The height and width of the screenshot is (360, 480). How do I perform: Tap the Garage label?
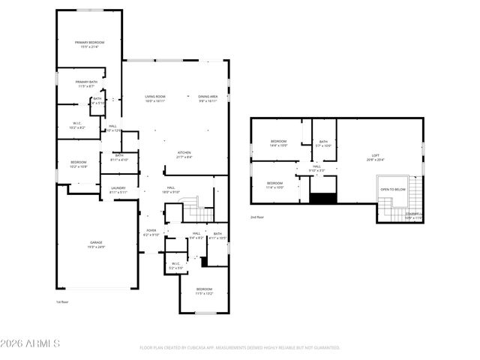tap(97, 244)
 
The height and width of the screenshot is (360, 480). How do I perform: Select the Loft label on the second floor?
tap(376, 157)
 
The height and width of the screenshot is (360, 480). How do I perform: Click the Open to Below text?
tap(393, 190)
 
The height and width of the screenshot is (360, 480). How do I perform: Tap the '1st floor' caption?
tap(62, 302)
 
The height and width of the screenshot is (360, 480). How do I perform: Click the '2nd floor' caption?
tap(257, 217)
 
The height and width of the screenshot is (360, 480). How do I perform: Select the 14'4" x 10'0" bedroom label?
tap(278, 143)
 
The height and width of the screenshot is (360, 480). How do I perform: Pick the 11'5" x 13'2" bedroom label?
tap(204, 291)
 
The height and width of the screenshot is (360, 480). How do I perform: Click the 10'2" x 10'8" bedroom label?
tap(79, 164)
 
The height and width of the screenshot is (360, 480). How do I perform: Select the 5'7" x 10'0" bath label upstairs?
tap(323, 143)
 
